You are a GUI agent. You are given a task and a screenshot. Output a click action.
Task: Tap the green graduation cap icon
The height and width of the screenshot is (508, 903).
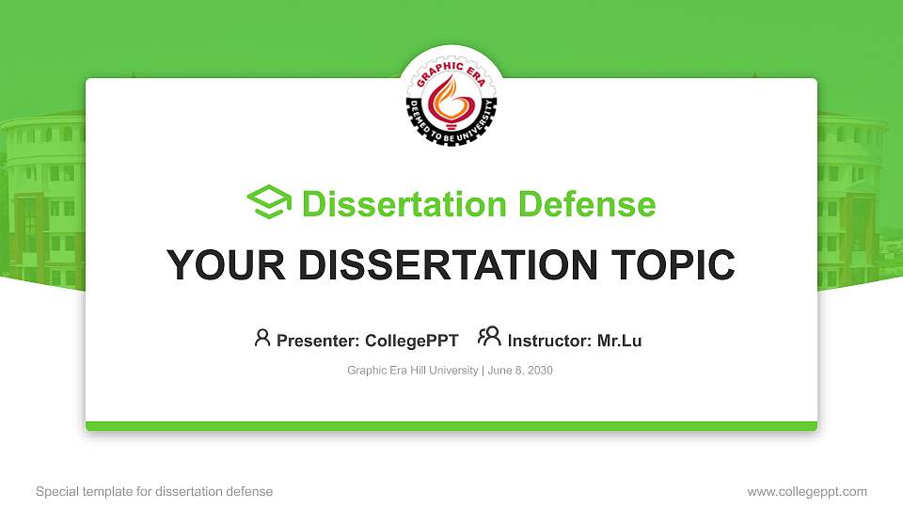coord(269,203)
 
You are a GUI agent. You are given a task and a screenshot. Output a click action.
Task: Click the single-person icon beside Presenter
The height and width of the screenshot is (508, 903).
coord(262,338)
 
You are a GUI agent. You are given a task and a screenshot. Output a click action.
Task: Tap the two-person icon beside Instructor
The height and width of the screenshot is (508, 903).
coord(489,337)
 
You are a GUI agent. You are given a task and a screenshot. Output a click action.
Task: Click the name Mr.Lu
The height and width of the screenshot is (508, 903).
coord(619,341)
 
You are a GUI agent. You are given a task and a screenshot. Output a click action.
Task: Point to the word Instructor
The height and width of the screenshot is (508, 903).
coord(549,341)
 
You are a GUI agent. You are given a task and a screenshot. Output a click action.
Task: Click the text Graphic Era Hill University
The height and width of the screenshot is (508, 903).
coord(413,371)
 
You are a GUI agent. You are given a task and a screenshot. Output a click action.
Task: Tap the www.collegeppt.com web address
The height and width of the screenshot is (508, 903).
coord(807,492)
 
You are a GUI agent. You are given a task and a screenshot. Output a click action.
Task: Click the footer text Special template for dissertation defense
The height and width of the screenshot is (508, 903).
coord(154,492)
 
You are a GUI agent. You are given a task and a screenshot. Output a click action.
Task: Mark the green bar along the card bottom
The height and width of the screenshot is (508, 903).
coord(451,426)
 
